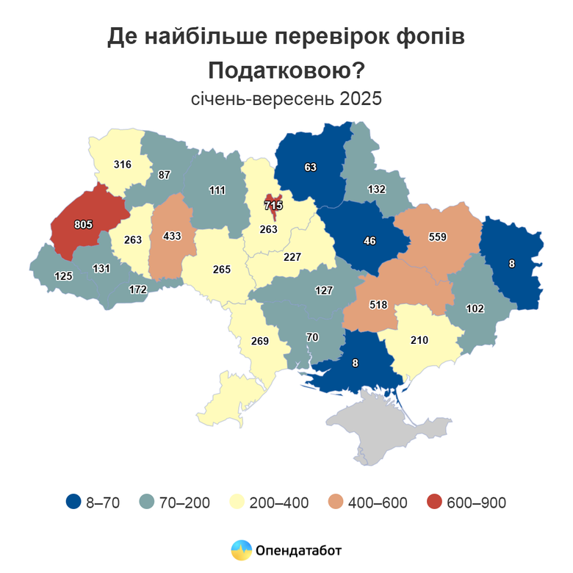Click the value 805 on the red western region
coord(83,224)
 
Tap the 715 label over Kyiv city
coord(274,203)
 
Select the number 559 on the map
coord(438,237)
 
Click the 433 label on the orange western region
coord(170,237)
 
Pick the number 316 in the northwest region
coord(123,164)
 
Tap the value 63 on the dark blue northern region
coord(310,167)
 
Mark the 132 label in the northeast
coord(376,189)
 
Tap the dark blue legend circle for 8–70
coord(73,502)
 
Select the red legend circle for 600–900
coord(435,502)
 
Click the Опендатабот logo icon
coord(241,549)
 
